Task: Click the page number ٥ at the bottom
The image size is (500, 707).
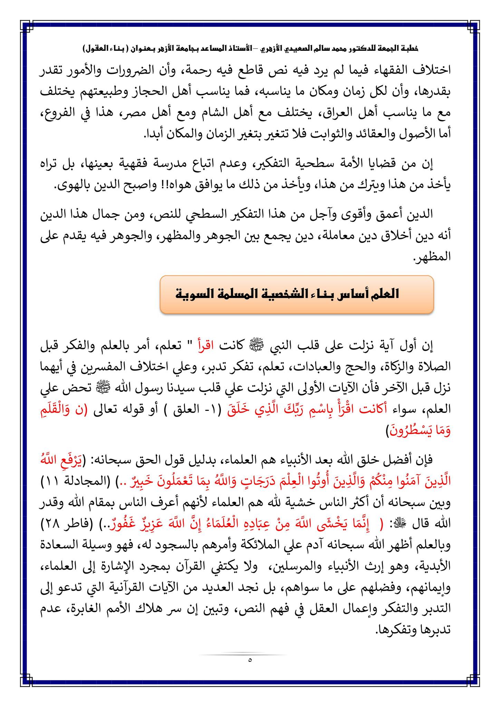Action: click(250, 660)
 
